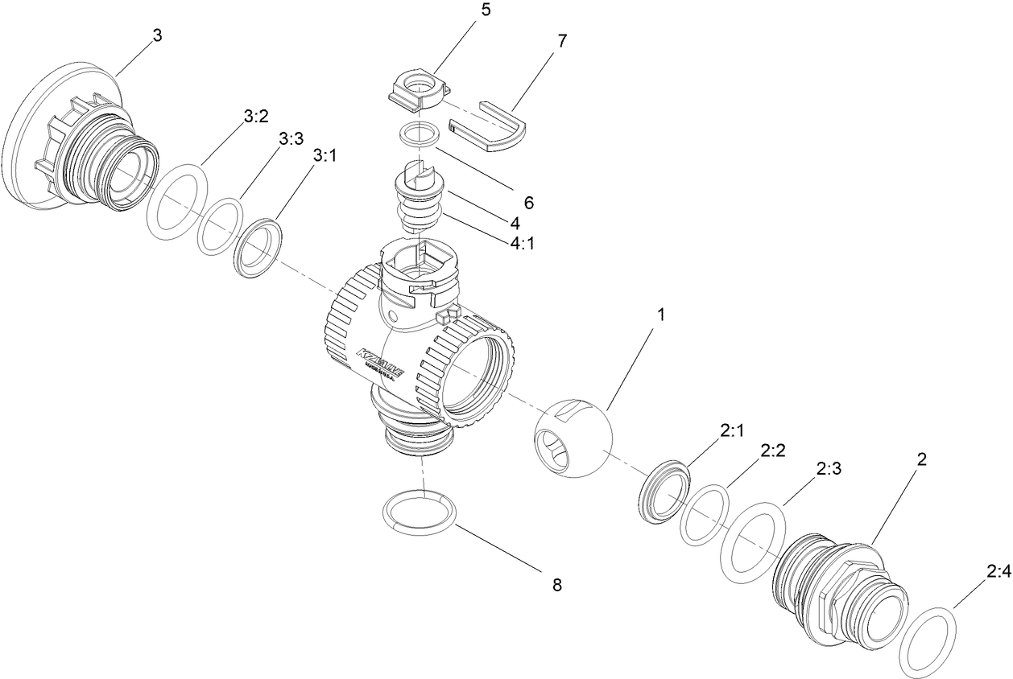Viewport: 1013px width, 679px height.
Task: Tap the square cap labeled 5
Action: (417, 88)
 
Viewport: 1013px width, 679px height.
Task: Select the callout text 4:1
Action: (521, 241)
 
